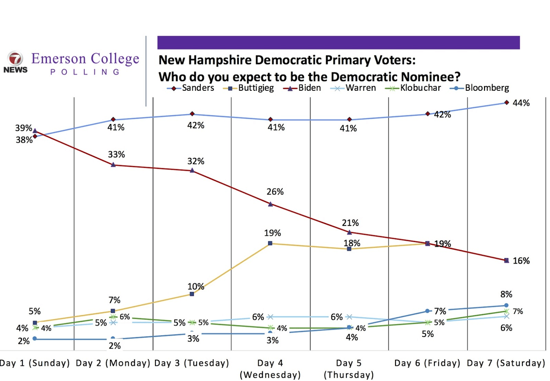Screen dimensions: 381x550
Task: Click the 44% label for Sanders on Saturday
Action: [521, 103]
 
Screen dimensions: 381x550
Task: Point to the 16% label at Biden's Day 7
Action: [521, 261]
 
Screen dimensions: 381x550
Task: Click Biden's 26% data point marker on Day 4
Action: [270, 204]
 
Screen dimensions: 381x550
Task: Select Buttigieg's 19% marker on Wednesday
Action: [270, 243]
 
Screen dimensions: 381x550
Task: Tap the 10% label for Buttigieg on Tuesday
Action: [196, 287]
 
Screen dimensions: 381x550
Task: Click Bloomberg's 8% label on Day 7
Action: [506, 294]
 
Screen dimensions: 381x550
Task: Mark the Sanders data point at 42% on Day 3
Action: [192, 114]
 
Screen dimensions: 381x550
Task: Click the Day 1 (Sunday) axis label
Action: [35, 364]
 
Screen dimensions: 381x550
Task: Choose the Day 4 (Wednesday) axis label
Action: [270, 369]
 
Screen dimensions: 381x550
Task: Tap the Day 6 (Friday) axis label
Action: [427, 364]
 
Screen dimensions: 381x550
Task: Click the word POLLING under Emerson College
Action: [84, 72]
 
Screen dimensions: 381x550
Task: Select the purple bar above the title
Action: [338, 43]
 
